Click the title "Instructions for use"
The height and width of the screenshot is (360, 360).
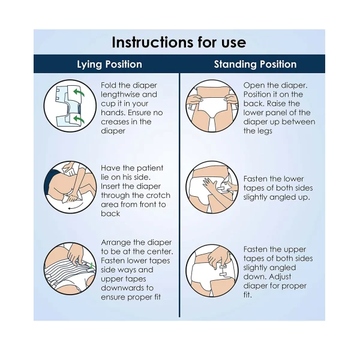pyautogui.click(x=179, y=43)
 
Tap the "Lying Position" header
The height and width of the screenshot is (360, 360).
pyautogui.click(x=110, y=65)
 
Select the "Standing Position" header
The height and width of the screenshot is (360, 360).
pyautogui.click(x=256, y=64)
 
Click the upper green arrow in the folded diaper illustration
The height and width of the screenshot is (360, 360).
pyautogui.click(x=79, y=92)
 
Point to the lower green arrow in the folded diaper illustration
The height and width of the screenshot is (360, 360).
pyautogui.click(x=79, y=119)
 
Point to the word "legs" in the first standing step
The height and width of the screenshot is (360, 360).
pyautogui.click(x=264, y=131)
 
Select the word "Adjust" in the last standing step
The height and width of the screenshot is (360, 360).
pyautogui.click(x=280, y=277)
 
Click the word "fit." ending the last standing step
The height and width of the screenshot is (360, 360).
pyautogui.click(x=247, y=295)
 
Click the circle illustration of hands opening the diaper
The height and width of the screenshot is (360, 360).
pyautogui.click(x=212, y=106)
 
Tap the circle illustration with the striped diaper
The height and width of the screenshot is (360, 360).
pyautogui.click(x=70, y=268)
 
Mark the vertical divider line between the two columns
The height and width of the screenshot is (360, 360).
pyautogui.click(x=179, y=195)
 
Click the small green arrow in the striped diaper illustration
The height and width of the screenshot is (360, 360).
pyautogui.click(x=92, y=266)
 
